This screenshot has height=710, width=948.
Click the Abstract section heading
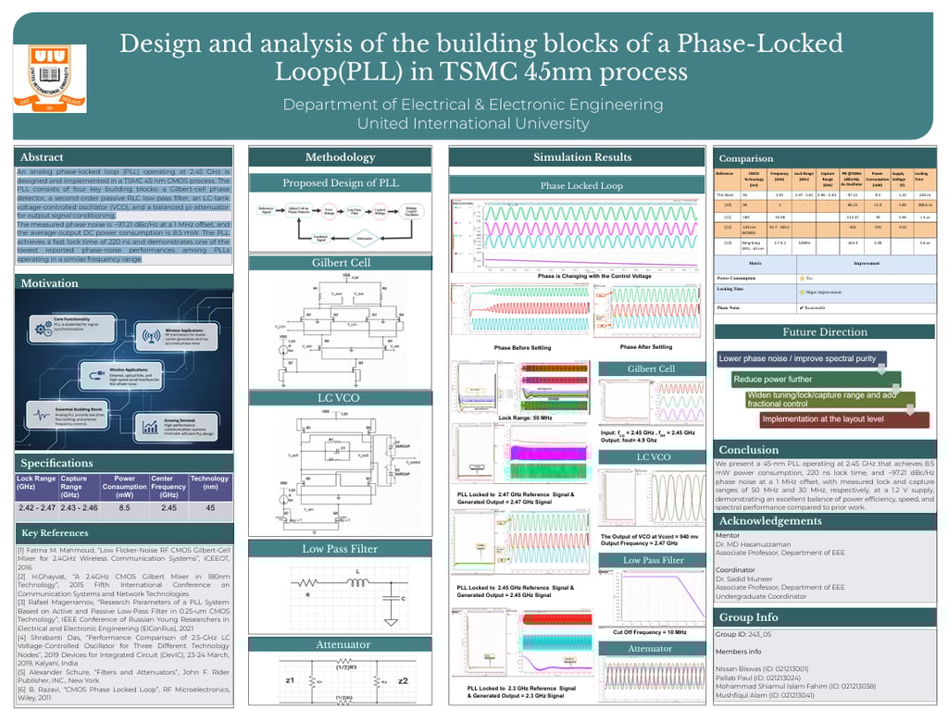click(42, 157)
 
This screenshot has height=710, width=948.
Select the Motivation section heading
click(50, 283)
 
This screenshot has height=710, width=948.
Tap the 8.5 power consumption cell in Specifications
click(124, 508)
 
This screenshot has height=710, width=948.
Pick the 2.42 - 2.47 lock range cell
click(37, 508)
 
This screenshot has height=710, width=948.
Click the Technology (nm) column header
click(209, 484)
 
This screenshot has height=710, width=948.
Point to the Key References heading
click(56, 533)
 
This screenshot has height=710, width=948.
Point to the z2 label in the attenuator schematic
click(403, 680)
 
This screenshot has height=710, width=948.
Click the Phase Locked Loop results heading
click(582, 186)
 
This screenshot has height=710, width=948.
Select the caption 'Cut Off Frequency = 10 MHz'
click(649, 632)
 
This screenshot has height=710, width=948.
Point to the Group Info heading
click(749, 617)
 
